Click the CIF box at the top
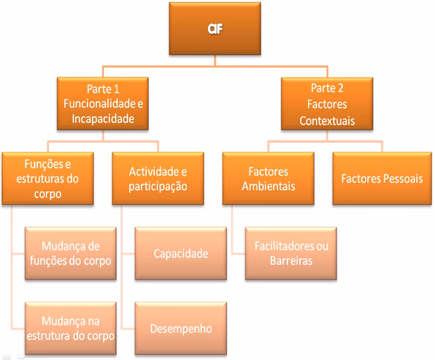pyautogui.click(x=215, y=29)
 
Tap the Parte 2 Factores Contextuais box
pyautogui.click(x=328, y=104)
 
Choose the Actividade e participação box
pyautogui.click(x=158, y=179)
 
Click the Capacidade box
pyautogui.click(x=180, y=254)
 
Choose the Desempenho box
pyautogui.click(x=180, y=329)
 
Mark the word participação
pyautogui.click(x=158, y=186)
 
